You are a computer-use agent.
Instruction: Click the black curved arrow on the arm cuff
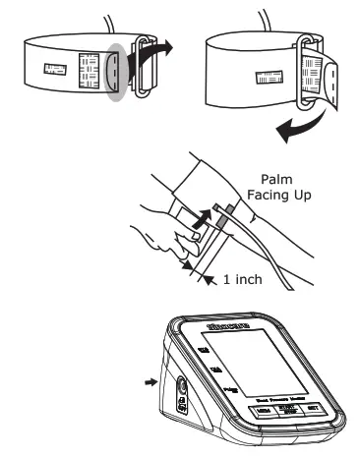click(204, 213)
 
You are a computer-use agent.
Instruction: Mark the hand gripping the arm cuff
click(162, 236)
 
